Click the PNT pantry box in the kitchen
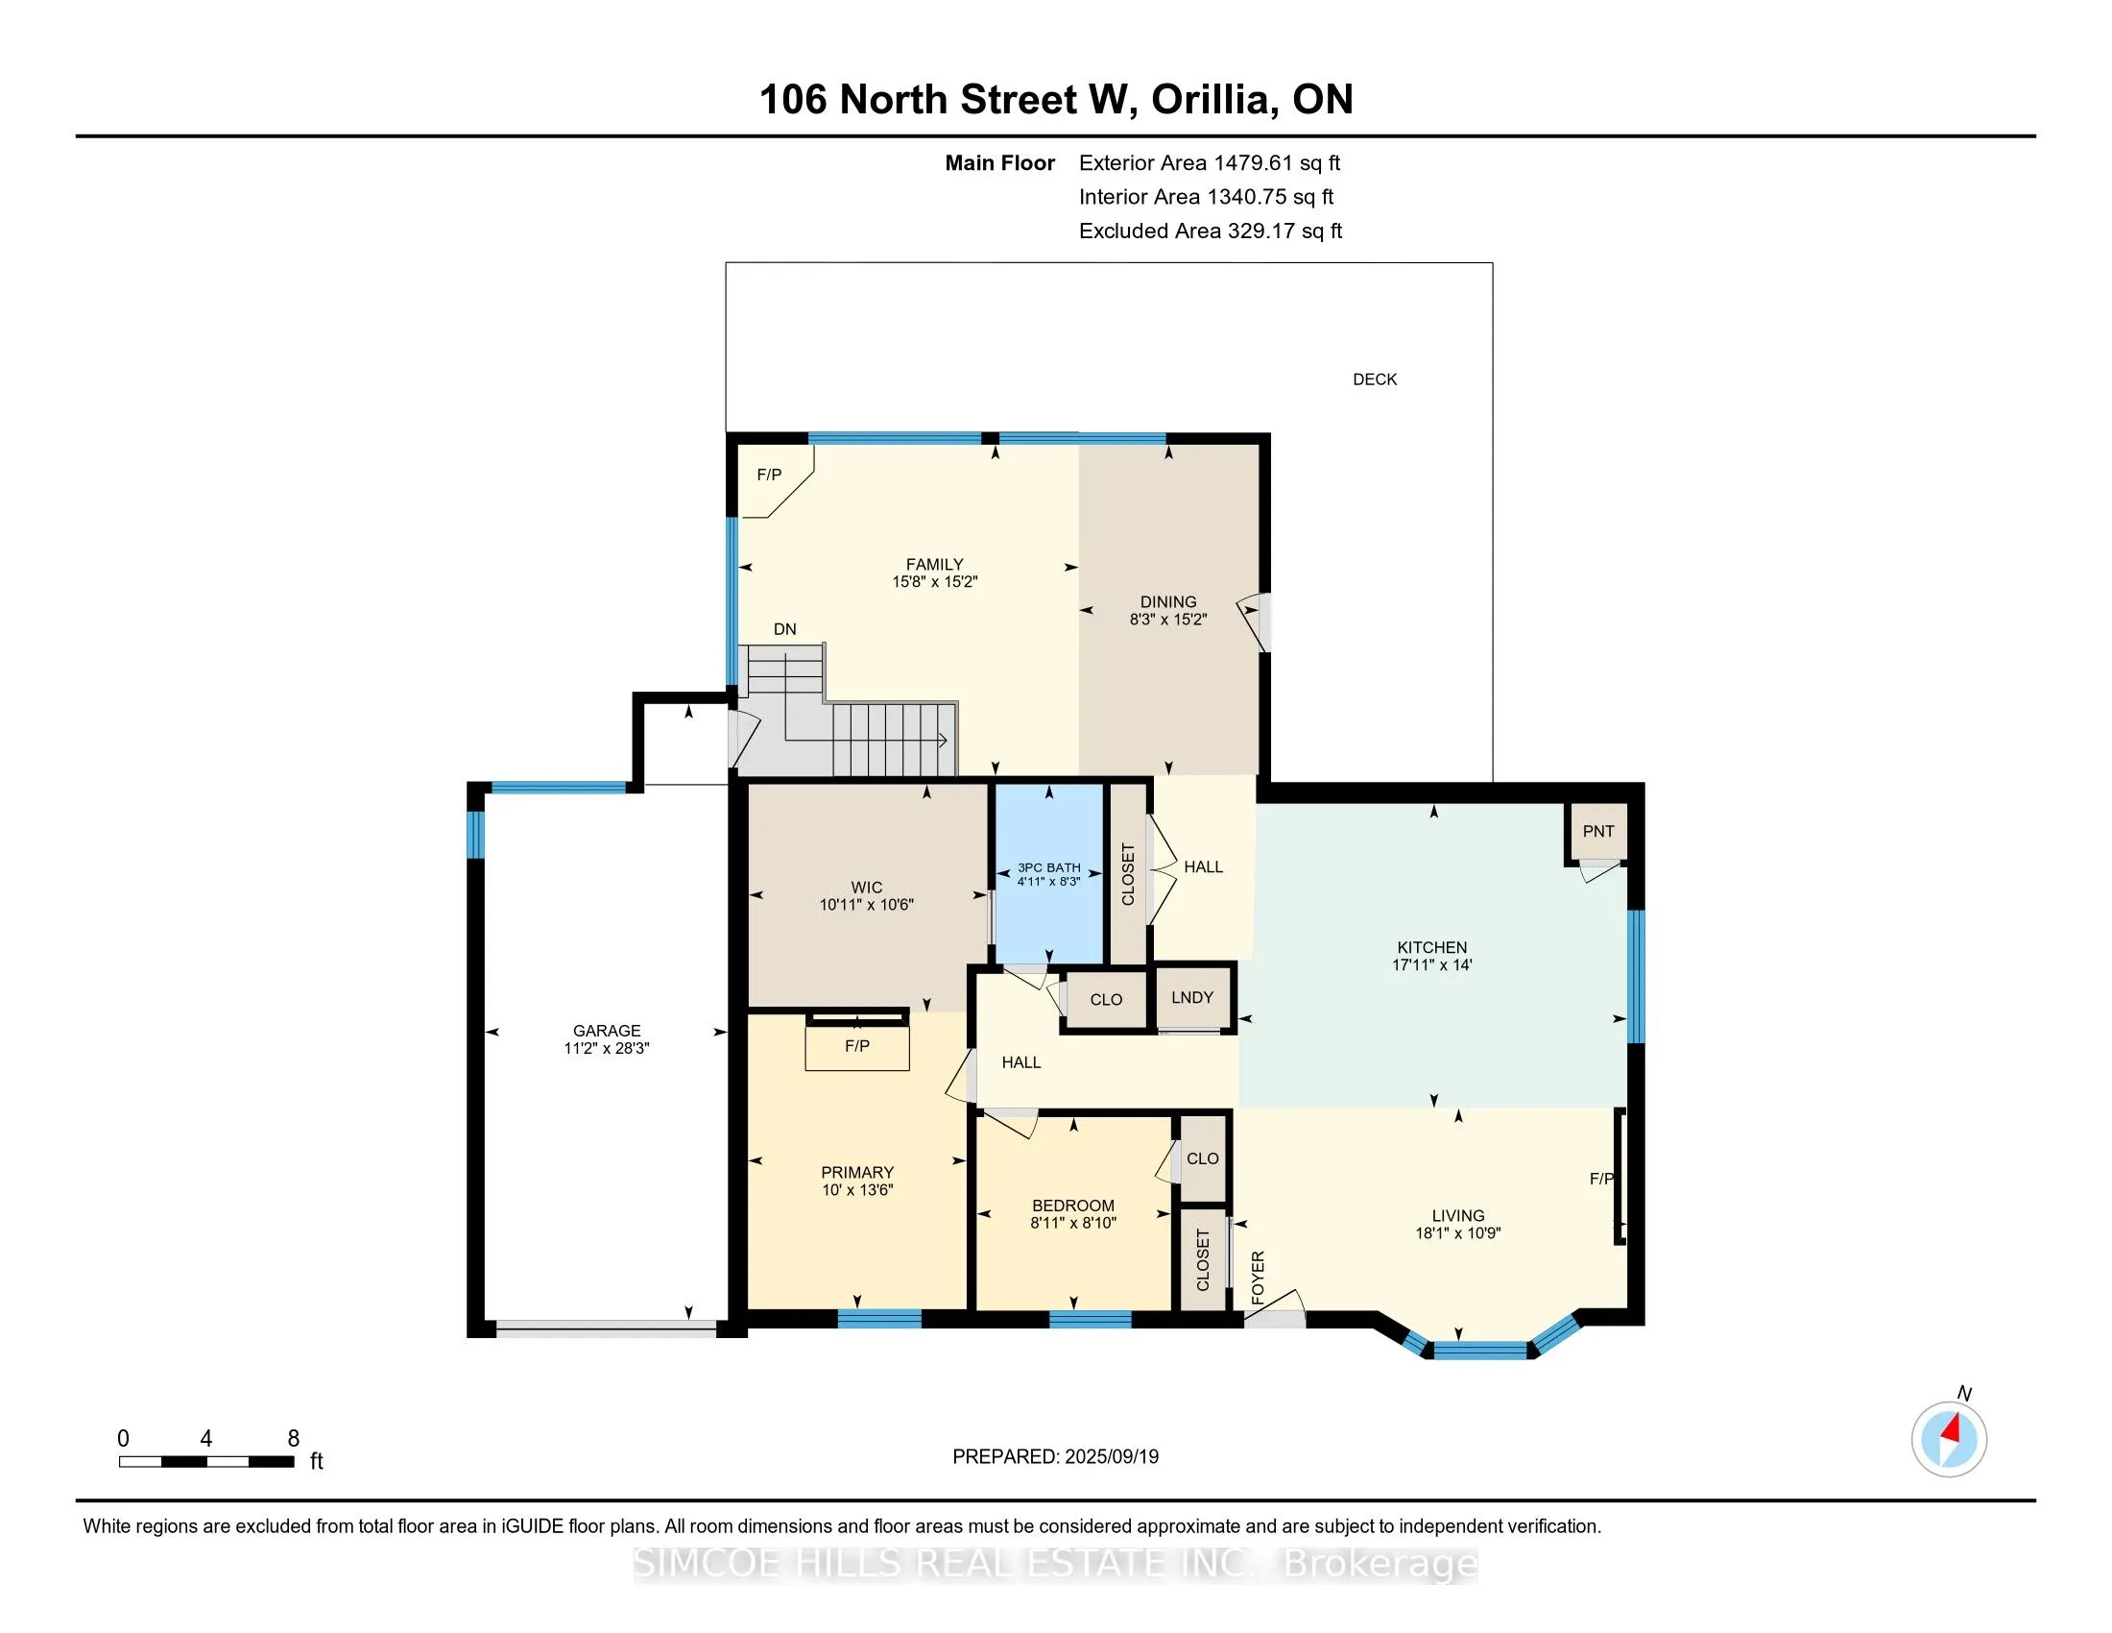pyautogui.click(x=1597, y=831)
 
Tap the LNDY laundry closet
pyautogui.click(x=1191, y=997)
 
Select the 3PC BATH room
pyautogui.click(x=1049, y=873)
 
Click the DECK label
pyautogui.click(x=1374, y=379)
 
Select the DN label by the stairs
pyautogui.click(x=784, y=629)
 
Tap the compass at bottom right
pyautogui.click(x=1949, y=1439)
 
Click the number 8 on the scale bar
pyautogui.click(x=293, y=1439)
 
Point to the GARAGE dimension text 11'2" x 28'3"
pyautogui.click(x=607, y=1048)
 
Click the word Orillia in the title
pyautogui.click(x=1211, y=100)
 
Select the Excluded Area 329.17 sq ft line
pyautogui.click(x=1210, y=231)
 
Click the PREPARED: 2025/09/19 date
pyautogui.click(x=1055, y=1457)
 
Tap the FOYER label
pyautogui.click(x=1258, y=1277)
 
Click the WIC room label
pyautogui.click(x=867, y=888)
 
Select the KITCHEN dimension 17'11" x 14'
pyautogui.click(x=1431, y=964)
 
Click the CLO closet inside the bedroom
pyautogui.click(x=1202, y=1158)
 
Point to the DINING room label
pyautogui.click(x=1167, y=601)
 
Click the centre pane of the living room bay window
pyautogui.click(x=1479, y=1350)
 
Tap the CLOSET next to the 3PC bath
pyautogui.click(x=1127, y=874)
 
